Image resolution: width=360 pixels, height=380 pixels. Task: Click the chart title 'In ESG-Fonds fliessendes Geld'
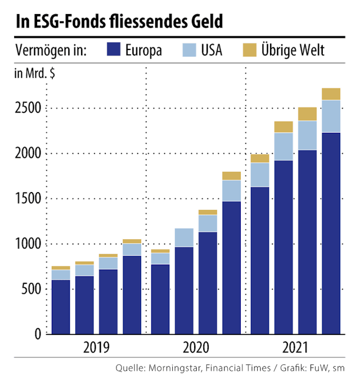[x=119, y=21]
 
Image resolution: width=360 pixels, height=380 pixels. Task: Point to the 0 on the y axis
[x=38, y=334]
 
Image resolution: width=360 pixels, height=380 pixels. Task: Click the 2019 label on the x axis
[x=96, y=347]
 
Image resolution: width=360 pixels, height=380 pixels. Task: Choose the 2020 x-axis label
[x=195, y=347]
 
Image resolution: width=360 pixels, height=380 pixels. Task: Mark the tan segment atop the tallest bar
[x=331, y=93]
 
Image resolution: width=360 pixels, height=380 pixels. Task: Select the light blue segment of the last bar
[x=331, y=116]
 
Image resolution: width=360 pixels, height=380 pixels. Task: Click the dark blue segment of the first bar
[x=61, y=307]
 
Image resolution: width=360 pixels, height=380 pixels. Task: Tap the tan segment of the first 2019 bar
[x=61, y=267]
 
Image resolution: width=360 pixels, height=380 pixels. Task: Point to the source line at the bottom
[x=228, y=369]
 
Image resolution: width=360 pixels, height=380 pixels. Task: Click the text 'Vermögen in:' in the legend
[x=51, y=50]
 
